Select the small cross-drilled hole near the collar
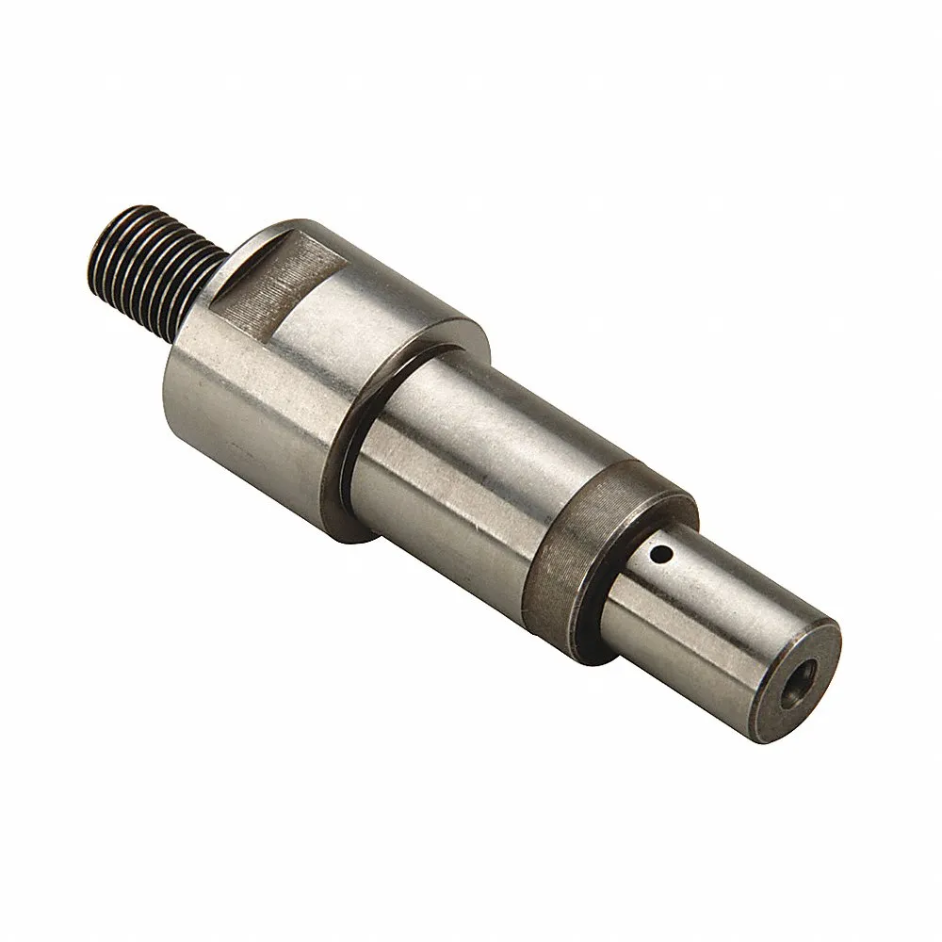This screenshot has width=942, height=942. click(665, 554)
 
